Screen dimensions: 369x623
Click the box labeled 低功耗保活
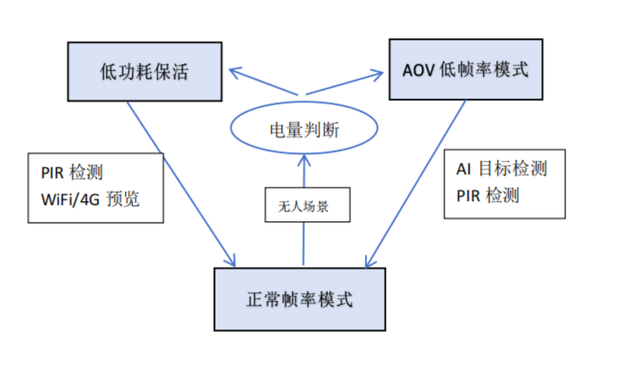(145, 72)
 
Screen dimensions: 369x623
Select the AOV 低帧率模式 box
(466, 69)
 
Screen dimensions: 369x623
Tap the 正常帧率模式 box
(299, 299)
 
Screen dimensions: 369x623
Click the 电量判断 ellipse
(304, 128)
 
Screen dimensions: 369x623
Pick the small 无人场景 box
(307, 205)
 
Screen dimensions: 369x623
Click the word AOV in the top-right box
(418, 70)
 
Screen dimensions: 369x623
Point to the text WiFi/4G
(70, 200)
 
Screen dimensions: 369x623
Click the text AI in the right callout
(464, 169)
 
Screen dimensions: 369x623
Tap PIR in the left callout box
(52, 173)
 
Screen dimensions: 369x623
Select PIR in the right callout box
(468, 196)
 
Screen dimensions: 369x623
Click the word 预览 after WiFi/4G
(123, 199)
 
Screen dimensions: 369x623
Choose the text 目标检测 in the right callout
(513, 168)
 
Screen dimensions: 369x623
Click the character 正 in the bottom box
(255, 299)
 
